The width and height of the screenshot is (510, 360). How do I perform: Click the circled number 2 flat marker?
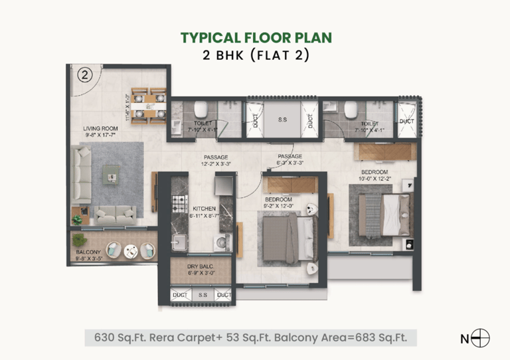point(84,74)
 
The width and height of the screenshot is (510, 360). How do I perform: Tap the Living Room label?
point(101,132)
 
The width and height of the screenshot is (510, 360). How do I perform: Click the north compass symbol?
point(481,338)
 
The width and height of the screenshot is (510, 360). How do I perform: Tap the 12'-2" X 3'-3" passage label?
point(216,160)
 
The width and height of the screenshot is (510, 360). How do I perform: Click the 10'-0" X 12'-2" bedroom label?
point(375,175)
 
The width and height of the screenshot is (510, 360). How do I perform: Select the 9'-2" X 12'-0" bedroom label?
point(279,203)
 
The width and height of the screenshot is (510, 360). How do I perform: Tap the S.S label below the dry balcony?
point(202,294)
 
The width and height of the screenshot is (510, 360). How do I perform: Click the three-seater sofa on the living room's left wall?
point(82,174)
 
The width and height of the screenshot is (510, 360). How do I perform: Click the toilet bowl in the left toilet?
point(201,108)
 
